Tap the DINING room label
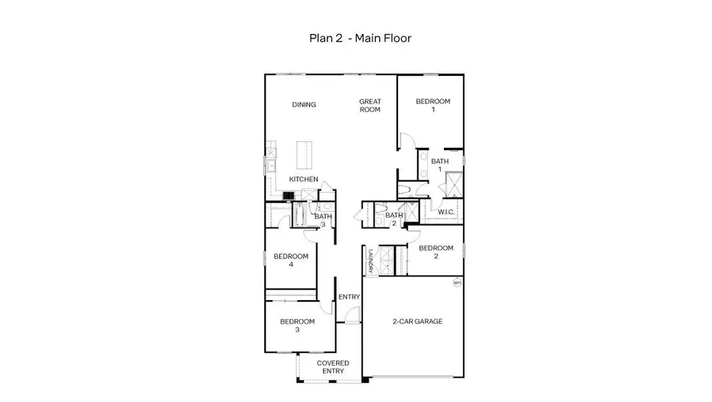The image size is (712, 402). [304, 105]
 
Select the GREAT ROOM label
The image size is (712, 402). [370, 105]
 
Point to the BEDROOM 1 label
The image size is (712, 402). [433, 105]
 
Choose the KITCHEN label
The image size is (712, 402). [303, 179]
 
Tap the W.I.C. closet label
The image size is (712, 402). [445, 212]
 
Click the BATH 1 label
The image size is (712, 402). [440, 165]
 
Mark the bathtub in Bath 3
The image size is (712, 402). [301, 214]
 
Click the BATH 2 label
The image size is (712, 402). [394, 219]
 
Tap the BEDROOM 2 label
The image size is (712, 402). [436, 252]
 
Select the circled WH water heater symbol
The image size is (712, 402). [456, 282]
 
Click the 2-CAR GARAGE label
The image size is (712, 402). [417, 321]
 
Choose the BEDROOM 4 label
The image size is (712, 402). [291, 261]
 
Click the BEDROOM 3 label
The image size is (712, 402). [297, 325]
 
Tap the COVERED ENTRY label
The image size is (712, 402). [333, 367]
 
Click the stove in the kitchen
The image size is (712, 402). [288, 195]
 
